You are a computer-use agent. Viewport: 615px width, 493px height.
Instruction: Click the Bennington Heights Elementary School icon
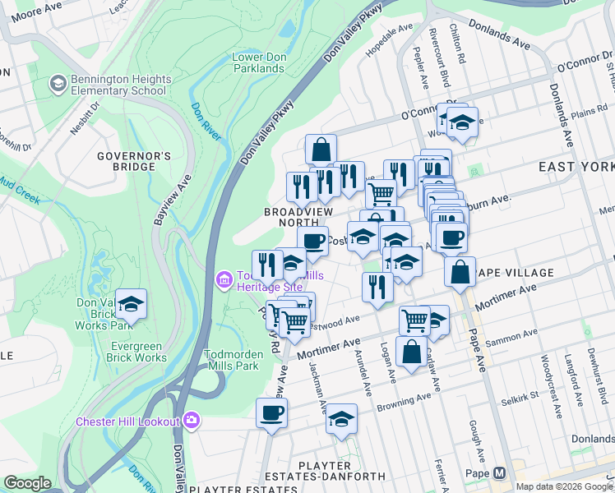[x=58, y=83]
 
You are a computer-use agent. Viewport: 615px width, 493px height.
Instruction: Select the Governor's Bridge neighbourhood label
[x=133, y=161]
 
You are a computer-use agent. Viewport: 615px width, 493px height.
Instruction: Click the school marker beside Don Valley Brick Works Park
[x=131, y=304]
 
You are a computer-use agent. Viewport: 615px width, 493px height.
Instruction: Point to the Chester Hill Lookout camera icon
[x=192, y=421]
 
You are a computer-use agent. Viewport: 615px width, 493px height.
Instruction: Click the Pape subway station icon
[x=499, y=473]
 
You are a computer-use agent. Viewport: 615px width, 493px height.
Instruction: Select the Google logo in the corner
[x=27, y=483]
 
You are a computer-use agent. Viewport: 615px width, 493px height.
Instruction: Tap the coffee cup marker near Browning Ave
[x=271, y=413]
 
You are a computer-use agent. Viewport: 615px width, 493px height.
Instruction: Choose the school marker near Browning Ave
[x=341, y=419]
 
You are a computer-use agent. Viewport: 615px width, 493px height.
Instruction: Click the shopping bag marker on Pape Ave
[x=460, y=271]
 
